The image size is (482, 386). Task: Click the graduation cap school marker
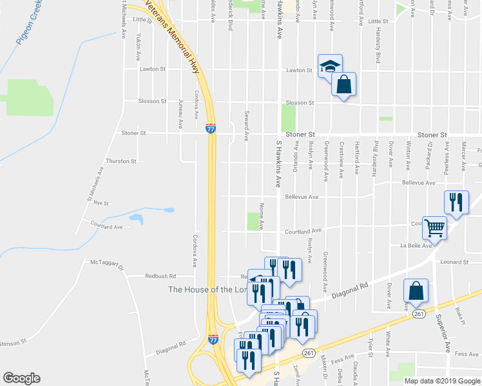click(x=330, y=66)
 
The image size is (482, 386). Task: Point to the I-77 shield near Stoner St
click(x=211, y=128)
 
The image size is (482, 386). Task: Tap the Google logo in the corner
click(x=21, y=378)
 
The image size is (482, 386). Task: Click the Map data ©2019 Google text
click(x=441, y=381)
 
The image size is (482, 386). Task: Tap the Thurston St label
click(x=121, y=161)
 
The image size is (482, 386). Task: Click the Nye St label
click(x=101, y=203)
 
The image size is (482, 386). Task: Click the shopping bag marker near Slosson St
click(x=344, y=84)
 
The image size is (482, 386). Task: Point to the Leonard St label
click(x=454, y=262)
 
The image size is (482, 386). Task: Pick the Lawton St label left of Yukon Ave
click(x=153, y=69)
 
